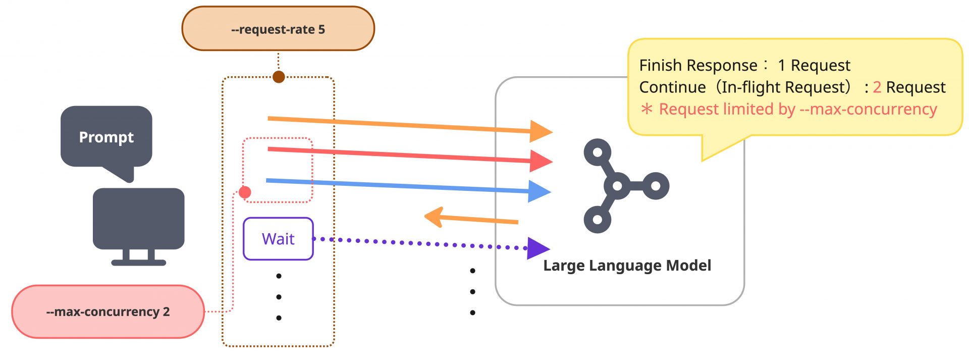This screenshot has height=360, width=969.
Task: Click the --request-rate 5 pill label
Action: pyautogui.click(x=278, y=29)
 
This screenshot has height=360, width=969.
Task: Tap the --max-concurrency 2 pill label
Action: pyautogui.click(x=107, y=312)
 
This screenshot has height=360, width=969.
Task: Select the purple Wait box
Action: pyautogui.click(x=278, y=239)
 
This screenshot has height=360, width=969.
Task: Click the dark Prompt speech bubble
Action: pyautogui.click(x=106, y=137)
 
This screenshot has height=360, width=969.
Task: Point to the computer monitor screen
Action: pyautogui.click(x=138, y=218)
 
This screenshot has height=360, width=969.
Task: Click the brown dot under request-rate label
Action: pyautogui.click(x=279, y=77)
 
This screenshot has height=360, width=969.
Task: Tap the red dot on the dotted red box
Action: pyautogui.click(x=245, y=192)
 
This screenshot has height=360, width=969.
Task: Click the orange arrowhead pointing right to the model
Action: pyautogui.click(x=541, y=131)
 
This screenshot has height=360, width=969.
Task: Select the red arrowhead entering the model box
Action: pyautogui.click(x=541, y=161)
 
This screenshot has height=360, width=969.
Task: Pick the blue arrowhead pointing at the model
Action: pyautogui.click(x=539, y=191)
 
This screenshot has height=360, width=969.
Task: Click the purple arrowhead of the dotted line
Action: pyautogui.click(x=537, y=248)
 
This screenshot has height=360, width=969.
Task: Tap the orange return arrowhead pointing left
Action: pyautogui.click(x=434, y=217)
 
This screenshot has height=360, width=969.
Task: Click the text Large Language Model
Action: pyautogui.click(x=627, y=266)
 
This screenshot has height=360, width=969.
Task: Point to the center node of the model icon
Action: pyautogui.click(x=617, y=186)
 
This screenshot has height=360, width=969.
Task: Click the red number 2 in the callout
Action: pyautogui.click(x=877, y=87)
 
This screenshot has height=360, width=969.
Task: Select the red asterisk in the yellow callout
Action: pyautogui.click(x=647, y=109)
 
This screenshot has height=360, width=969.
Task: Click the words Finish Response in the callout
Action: pyautogui.click(x=698, y=66)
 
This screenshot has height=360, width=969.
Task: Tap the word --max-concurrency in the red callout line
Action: pyautogui.click(x=868, y=109)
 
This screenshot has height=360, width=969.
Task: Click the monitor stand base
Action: pyautogui.click(x=138, y=262)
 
